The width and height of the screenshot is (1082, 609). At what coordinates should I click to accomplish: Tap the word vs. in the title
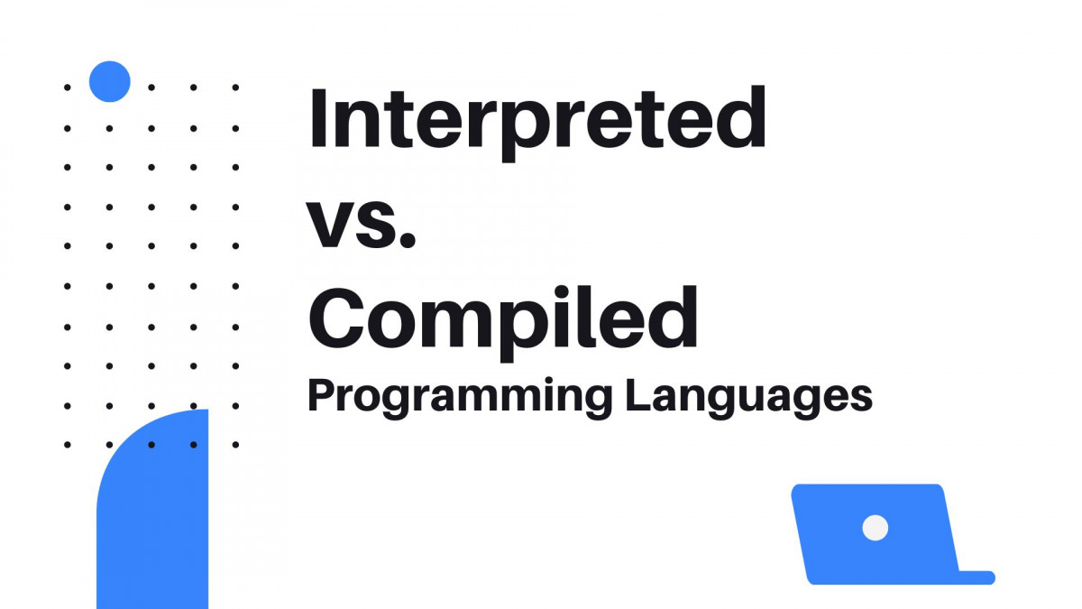pos(363,224)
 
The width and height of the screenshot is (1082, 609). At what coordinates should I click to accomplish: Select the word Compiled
pos(504,320)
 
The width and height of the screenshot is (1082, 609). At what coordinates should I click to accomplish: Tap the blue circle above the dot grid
pos(110,81)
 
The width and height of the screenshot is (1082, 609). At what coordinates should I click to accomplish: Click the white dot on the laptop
pos(875,528)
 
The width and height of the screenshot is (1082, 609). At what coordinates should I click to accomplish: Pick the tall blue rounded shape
pos(153,514)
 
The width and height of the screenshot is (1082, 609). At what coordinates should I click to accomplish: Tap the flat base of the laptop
pos(974,577)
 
